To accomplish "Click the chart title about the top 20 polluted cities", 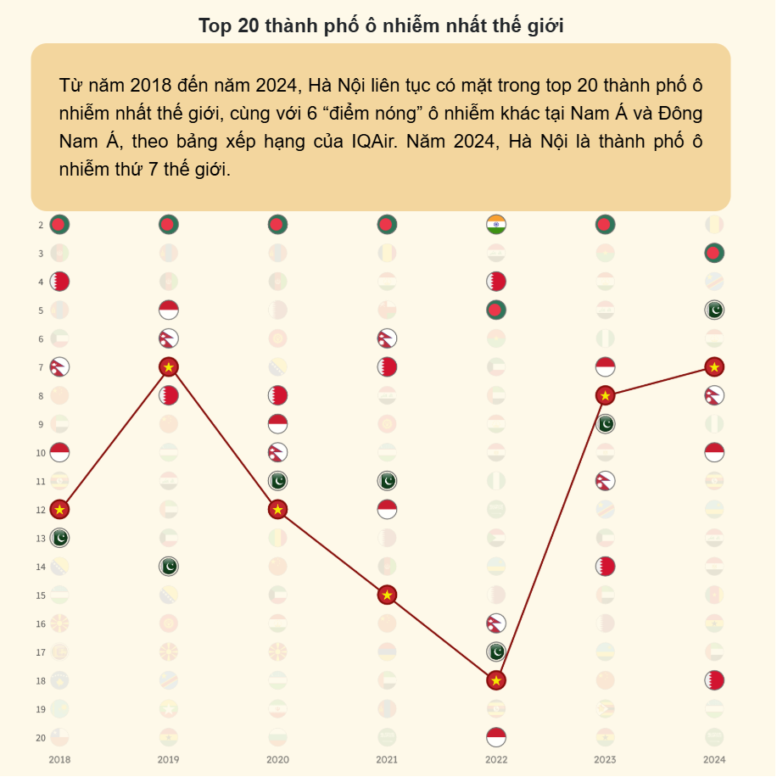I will point(381,25).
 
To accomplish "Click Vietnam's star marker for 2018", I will point(59,509).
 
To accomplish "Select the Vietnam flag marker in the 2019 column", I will point(168,366).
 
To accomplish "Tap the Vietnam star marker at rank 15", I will point(387,595).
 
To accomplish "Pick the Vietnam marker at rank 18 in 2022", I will point(496,680).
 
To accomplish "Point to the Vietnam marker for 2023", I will point(605,395).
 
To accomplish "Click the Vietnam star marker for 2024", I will point(714,366).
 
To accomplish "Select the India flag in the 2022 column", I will point(496,225).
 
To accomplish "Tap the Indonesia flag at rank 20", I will point(496,737).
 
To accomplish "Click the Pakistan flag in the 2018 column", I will point(59,538).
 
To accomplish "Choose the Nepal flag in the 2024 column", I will point(714,395).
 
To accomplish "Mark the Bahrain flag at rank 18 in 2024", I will point(714,680).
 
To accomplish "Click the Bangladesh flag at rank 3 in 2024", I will point(714,253).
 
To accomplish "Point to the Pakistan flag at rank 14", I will point(168,566).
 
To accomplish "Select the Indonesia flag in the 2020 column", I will point(277,423).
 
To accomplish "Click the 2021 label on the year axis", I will point(387,759).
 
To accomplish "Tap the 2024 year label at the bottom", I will point(714,759).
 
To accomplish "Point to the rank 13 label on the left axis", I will point(41,538).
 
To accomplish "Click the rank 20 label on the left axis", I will point(41,737).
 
